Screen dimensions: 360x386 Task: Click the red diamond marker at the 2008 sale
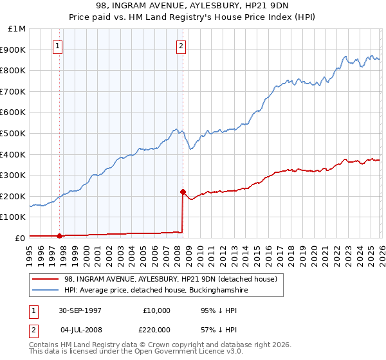tap(183, 192)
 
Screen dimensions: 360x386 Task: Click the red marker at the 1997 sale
tap(60, 236)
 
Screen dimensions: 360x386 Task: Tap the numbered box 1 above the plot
tap(59, 46)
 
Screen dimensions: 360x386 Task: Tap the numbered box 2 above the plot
tap(181, 46)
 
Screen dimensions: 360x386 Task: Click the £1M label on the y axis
tap(18, 29)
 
